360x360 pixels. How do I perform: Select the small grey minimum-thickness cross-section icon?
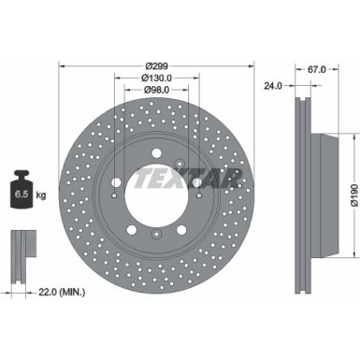[20, 245]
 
